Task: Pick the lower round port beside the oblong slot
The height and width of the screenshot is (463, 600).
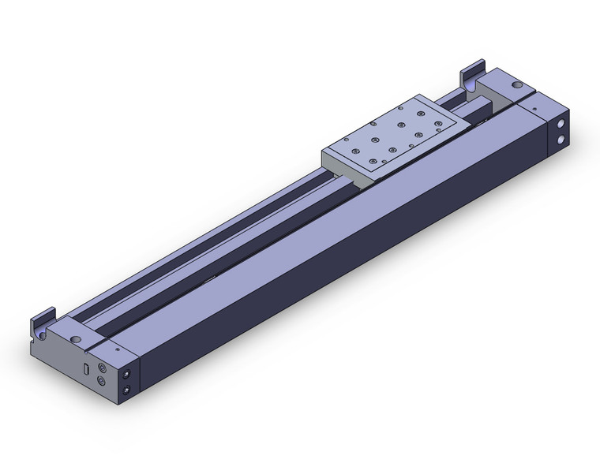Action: tap(102, 382)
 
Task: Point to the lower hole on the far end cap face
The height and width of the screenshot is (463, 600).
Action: tap(562, 140)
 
